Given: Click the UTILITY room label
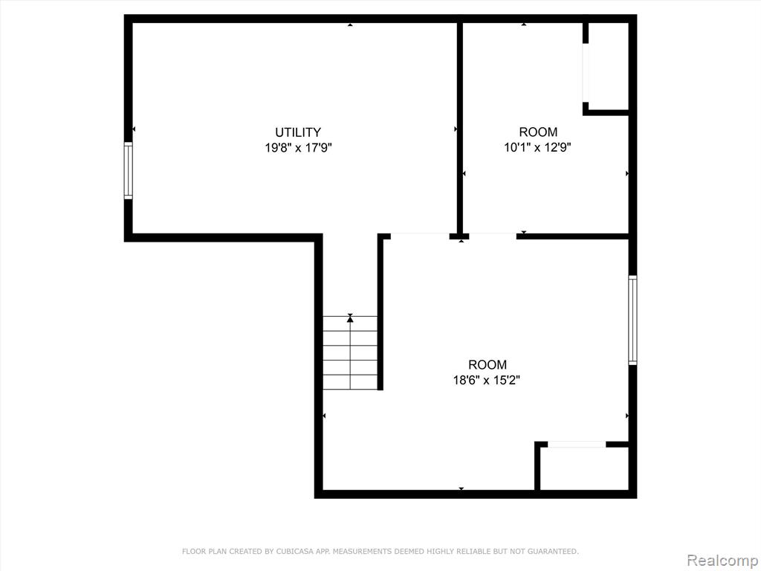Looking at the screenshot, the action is coord(297,132).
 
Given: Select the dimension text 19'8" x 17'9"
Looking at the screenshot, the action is coord(298,147).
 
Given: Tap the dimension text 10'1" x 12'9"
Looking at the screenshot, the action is coord(538,146).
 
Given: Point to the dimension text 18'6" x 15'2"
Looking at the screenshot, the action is coord(487,379).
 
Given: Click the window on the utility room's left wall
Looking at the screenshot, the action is coord(128,170).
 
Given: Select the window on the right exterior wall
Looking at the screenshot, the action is coord(632,320).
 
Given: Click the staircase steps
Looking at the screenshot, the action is coord(350,352).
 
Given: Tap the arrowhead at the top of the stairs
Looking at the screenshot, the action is coord(350,317).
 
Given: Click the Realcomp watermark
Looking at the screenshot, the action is coord(722,560).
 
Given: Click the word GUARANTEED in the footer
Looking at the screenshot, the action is coord(553,551).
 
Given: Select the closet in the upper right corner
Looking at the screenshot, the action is coord(609,66).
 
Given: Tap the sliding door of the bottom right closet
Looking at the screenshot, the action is coord(577,444).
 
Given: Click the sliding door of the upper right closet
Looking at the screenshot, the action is coord(586,73).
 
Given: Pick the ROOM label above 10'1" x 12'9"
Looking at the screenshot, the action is coord(538,132).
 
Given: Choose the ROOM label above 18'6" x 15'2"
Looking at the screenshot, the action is coord(488,364).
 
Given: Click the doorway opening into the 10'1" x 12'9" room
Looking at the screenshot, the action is coord(493,236).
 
